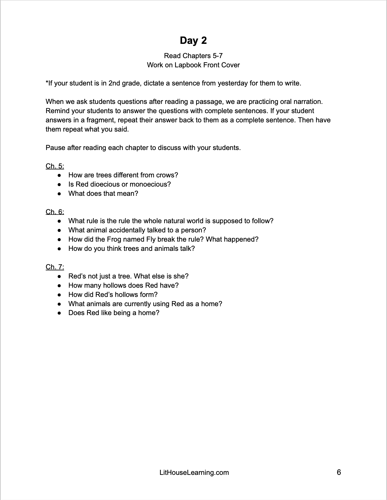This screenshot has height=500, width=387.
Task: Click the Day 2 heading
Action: pos(193,41)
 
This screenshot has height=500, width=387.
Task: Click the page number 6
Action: pos(339,472)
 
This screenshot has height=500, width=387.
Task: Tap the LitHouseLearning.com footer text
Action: pos(194,473)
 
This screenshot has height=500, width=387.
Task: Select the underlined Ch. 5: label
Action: pos(55,166)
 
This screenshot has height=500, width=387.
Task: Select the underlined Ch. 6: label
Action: pos(55,212)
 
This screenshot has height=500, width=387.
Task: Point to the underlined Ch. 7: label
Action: pos(55,267)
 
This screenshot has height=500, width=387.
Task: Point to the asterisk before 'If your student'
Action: pos(47,82)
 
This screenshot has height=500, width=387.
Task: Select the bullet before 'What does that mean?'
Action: pos(59,194)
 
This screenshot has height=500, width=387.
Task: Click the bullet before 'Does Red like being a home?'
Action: pos(59,313)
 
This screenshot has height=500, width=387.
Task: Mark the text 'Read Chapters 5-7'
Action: pos(193,56)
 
